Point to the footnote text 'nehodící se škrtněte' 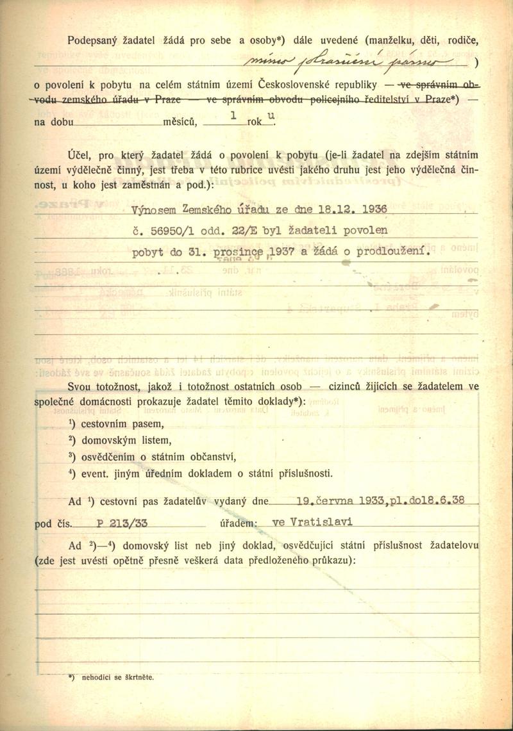[115, 677]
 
